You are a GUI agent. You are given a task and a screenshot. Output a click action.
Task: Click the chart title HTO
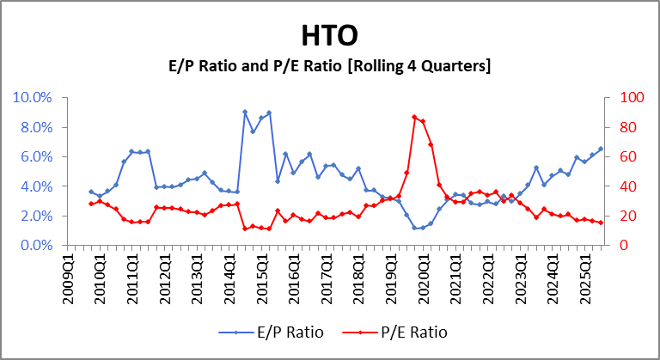pos(330,35)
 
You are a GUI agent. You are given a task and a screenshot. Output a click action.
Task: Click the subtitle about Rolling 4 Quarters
pos(330,65)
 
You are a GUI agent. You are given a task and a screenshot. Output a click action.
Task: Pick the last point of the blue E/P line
pos(601,149)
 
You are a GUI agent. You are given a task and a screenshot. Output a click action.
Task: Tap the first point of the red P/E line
pos(91,204)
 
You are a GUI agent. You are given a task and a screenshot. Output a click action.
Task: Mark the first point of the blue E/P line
pos(91,192)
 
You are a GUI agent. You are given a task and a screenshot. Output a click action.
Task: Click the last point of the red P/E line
pos(601,223)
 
